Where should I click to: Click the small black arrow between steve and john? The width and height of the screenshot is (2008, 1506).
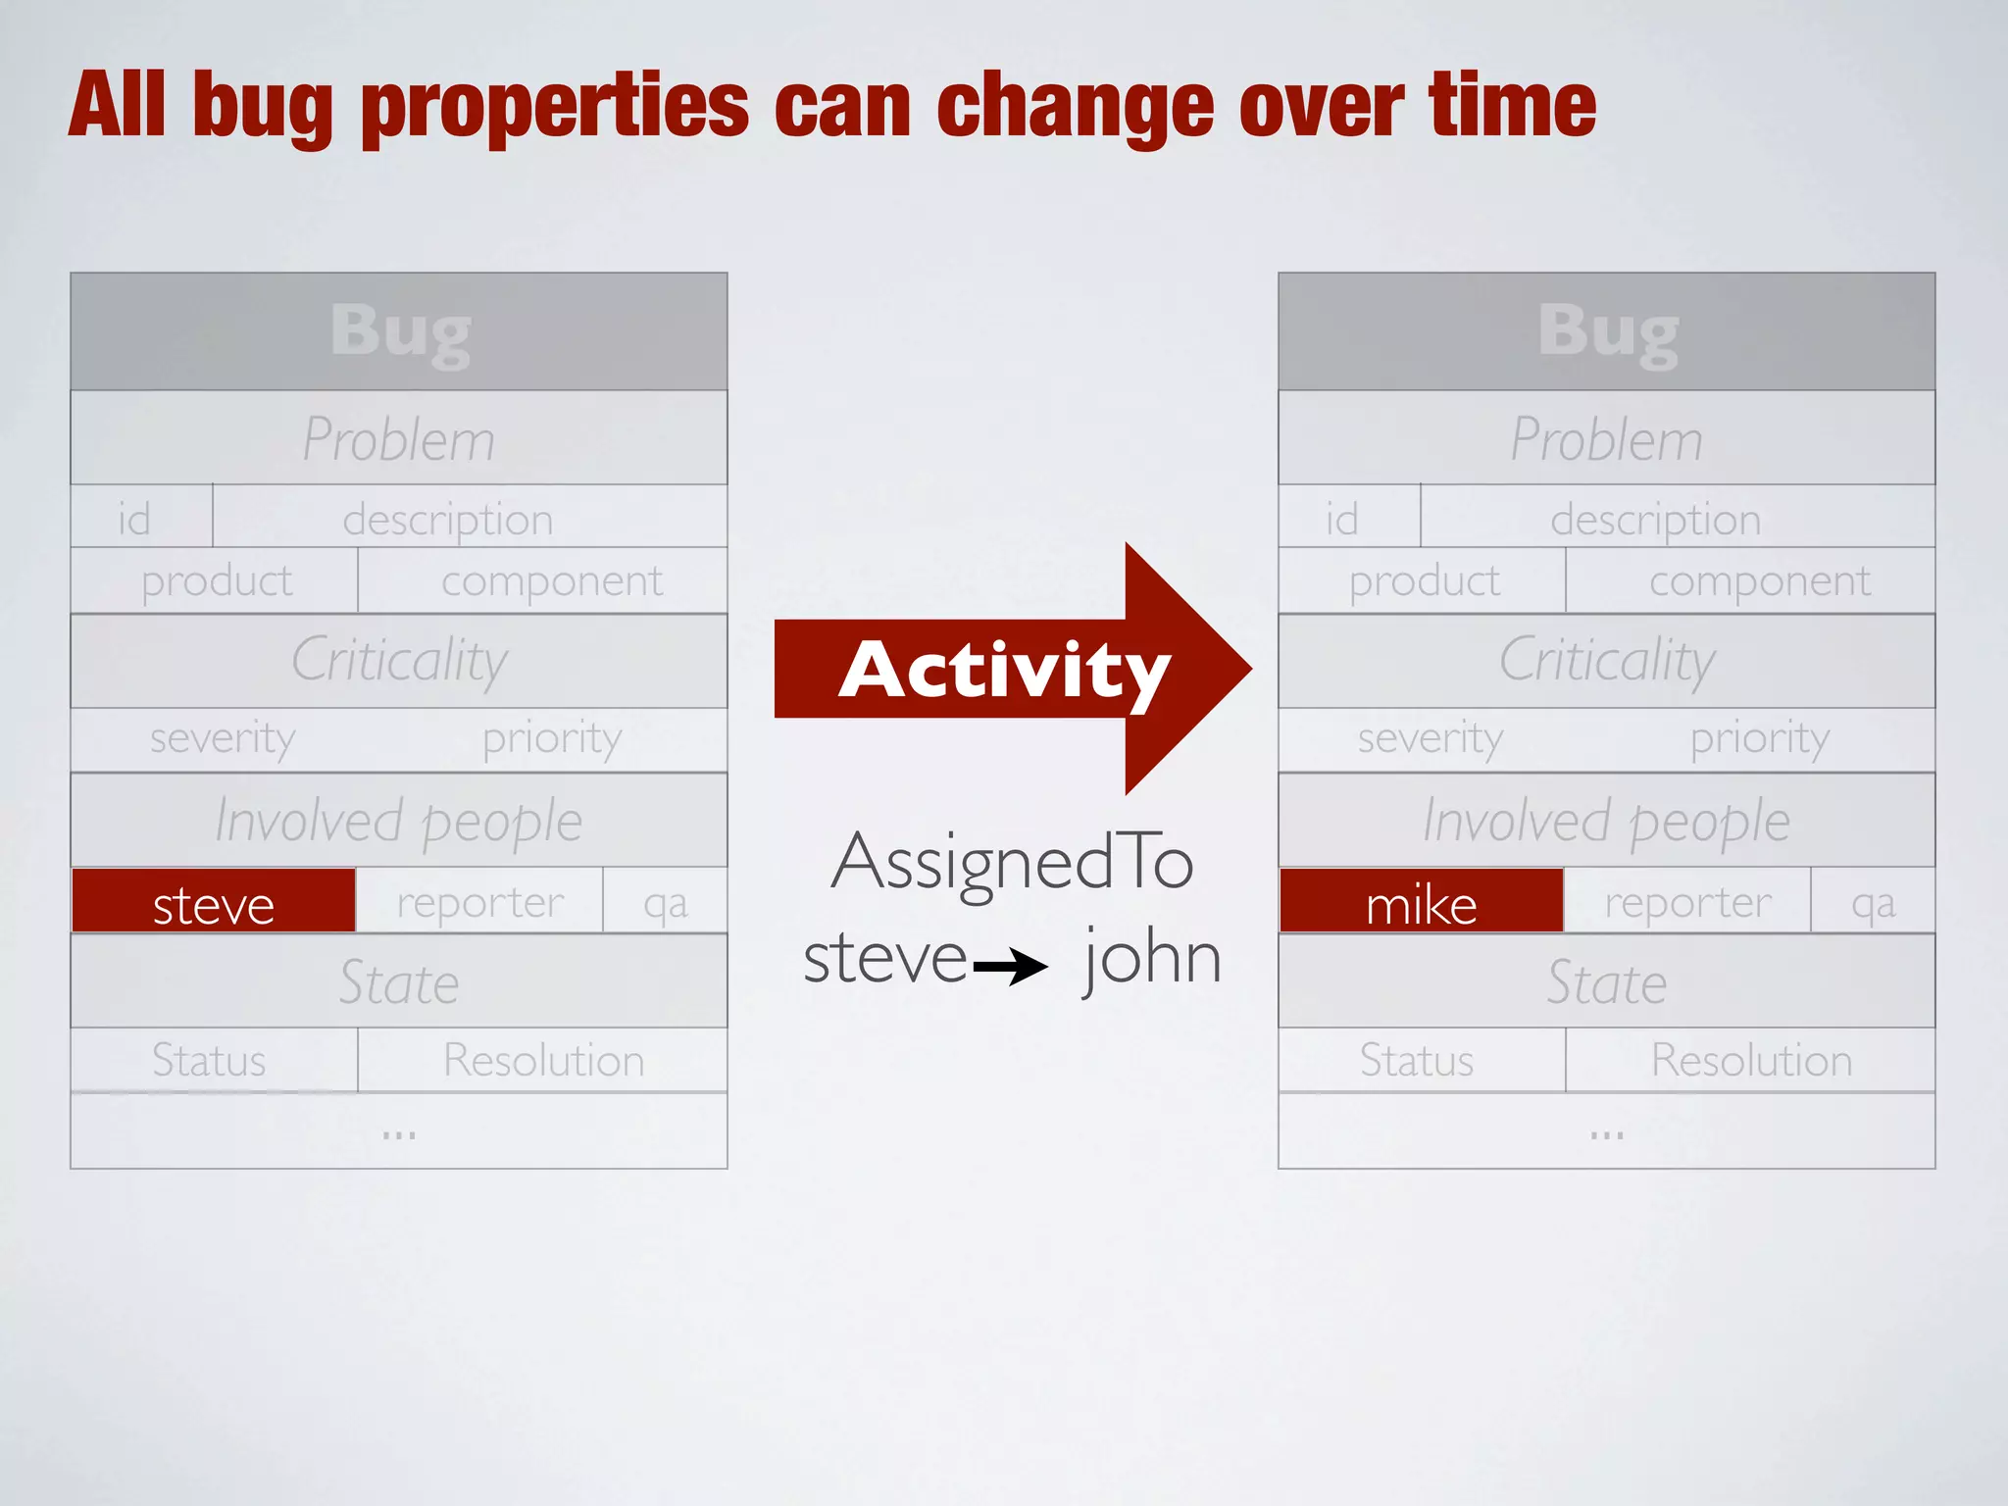tap(1011, 967)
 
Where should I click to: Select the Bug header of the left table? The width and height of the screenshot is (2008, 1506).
tap(399, 332)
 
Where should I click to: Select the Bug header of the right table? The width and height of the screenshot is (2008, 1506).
tap(1607, 332)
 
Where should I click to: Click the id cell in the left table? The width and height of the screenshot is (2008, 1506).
tap(135, 518)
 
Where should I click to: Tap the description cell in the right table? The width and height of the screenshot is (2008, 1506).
tap(1656, 518)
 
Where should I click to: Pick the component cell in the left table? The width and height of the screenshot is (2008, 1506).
tap(551, 580)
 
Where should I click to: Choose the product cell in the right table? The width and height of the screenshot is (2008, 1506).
tap(1424, 580)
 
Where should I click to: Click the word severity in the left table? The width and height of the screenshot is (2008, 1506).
tap(223, 738)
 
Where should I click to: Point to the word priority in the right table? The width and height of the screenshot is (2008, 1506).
tap(1759, 738)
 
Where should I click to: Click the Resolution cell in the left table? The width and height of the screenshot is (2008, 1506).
tap(543, 1060)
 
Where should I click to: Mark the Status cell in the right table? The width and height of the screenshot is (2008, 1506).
tap(1416, 1060)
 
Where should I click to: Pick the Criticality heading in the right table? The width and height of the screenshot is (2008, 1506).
tap(1607, 660)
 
